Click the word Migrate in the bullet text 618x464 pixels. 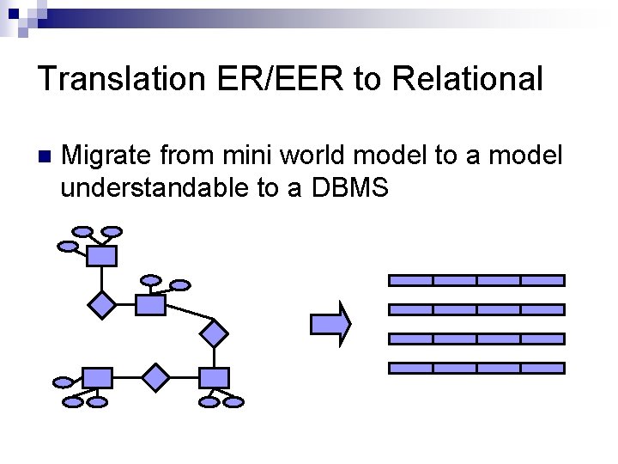pyautogui.click(x=108, y=156)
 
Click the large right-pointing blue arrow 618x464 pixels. pyautogui.click(x=330, y=323)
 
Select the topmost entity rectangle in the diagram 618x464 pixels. pyautogui.click(x=101, y=255)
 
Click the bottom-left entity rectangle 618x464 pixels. pyautogui.click(x=97, y=377)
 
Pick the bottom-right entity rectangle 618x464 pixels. pyautogui.click(x=214, y=377)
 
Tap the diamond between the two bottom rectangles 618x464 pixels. pyautogui.click(x=156, y=377)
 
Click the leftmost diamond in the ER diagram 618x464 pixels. pyautogui.click(x=102, y=305)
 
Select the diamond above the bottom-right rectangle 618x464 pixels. pyautogui.click(x=213, y=332)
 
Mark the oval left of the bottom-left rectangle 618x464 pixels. pyautogui.click(x=63, y=382)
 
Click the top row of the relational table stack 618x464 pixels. pyautogui.click(x=477, y=280)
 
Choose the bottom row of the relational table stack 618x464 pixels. pyautogui.click(x=477, y=368)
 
